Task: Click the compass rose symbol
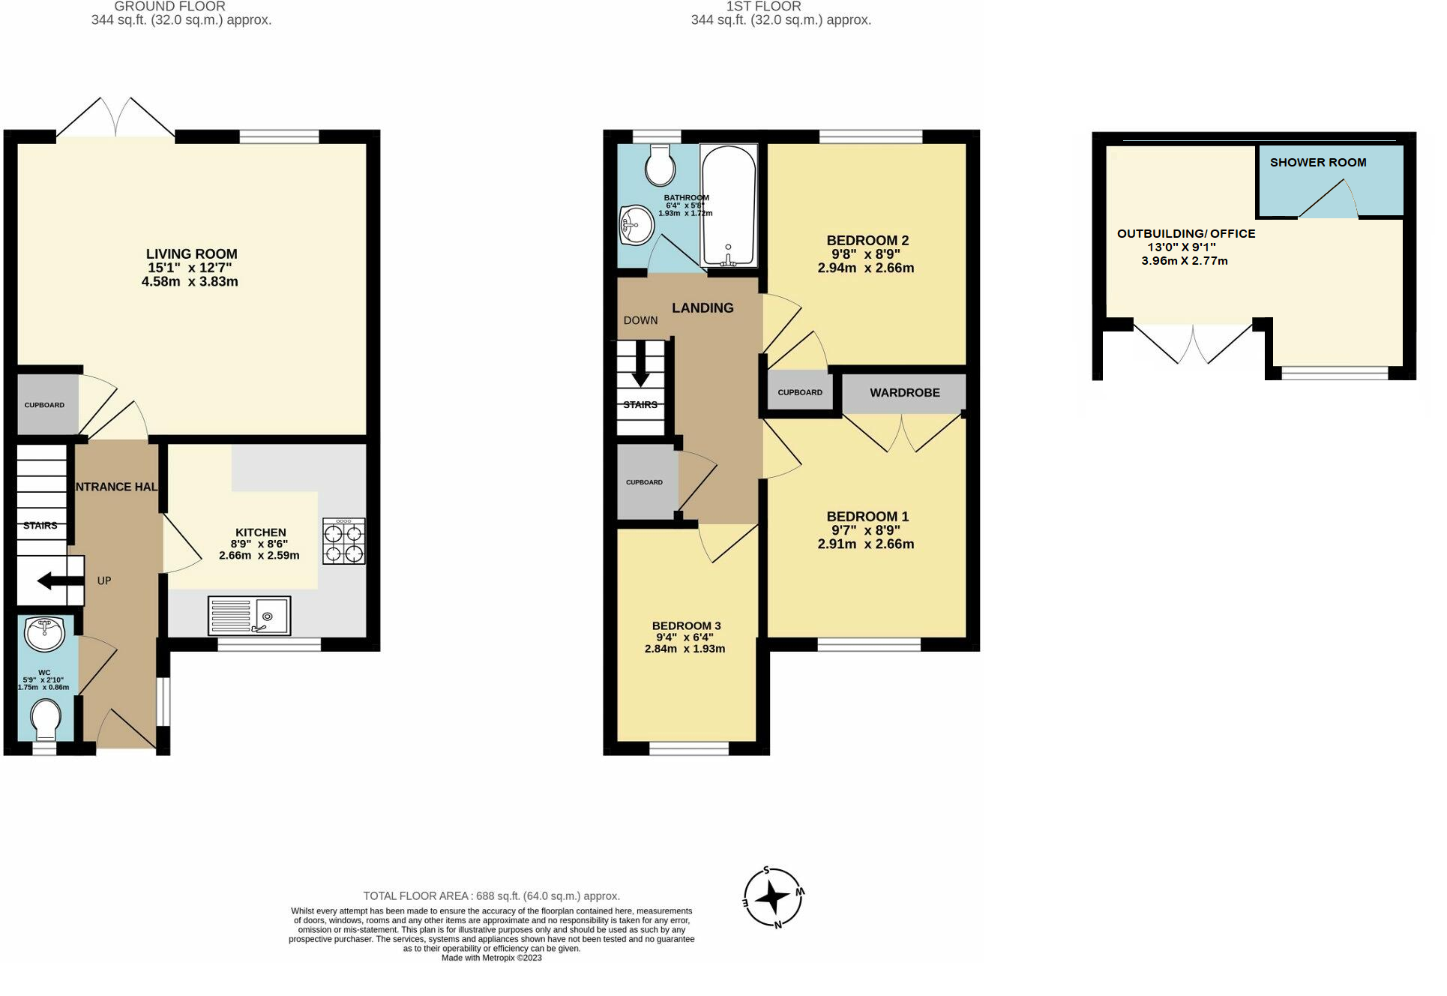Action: point(773,898)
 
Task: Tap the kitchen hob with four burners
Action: point(343,541)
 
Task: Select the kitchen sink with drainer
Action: point(249,616)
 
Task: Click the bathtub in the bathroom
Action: point(728,205)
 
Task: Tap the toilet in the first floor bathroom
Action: point(660,165)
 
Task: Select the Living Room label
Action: point(191,254)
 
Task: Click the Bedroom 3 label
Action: point(686,625)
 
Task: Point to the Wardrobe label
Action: point(904,392)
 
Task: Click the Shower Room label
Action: point(1317,162)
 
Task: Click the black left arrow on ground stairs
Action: point(53,580)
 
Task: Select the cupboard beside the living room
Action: point(45,405)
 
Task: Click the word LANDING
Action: point(702,307)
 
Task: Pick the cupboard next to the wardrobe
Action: point(799,392)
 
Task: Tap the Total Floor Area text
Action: point(491,895)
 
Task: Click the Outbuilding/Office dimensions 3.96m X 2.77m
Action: point(1184,261)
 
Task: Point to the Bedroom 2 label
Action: point(867,240)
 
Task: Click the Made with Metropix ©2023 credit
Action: point(491,958)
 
